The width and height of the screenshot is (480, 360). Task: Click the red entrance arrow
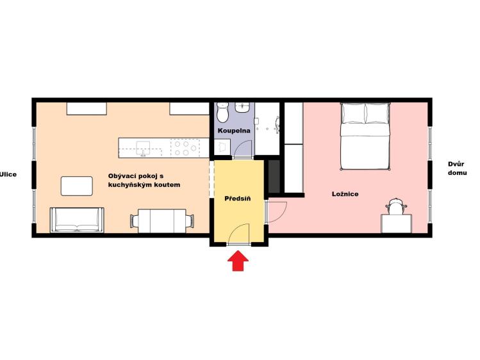(x=238, y=261)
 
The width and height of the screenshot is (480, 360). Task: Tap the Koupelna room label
(x=234, y=131)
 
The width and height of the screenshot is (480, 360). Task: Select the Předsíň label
(x=238, y=199)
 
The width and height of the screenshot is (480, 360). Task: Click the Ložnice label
(x=345, y=194)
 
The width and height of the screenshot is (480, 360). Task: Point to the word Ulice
(x=8, y=175)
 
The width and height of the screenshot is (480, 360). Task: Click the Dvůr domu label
(x=458, y=168)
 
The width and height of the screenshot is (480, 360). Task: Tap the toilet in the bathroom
(x=222, y=112)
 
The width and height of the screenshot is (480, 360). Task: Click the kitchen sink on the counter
(x=143, y=149)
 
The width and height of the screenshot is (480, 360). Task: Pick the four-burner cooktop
(x=185, y=148)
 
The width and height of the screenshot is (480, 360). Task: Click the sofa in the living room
(x=77, y=220)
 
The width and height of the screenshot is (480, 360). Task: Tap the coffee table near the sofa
(x=76, y=186)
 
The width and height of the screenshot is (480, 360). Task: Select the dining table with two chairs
(x=162, y=221)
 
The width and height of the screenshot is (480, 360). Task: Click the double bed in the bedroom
(x=365, y=136)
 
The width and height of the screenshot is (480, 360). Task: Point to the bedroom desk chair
(x=396, y=206)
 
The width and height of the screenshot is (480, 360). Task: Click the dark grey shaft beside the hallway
(x=274, y=177)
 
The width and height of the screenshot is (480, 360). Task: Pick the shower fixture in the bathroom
(x=277, y=125)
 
